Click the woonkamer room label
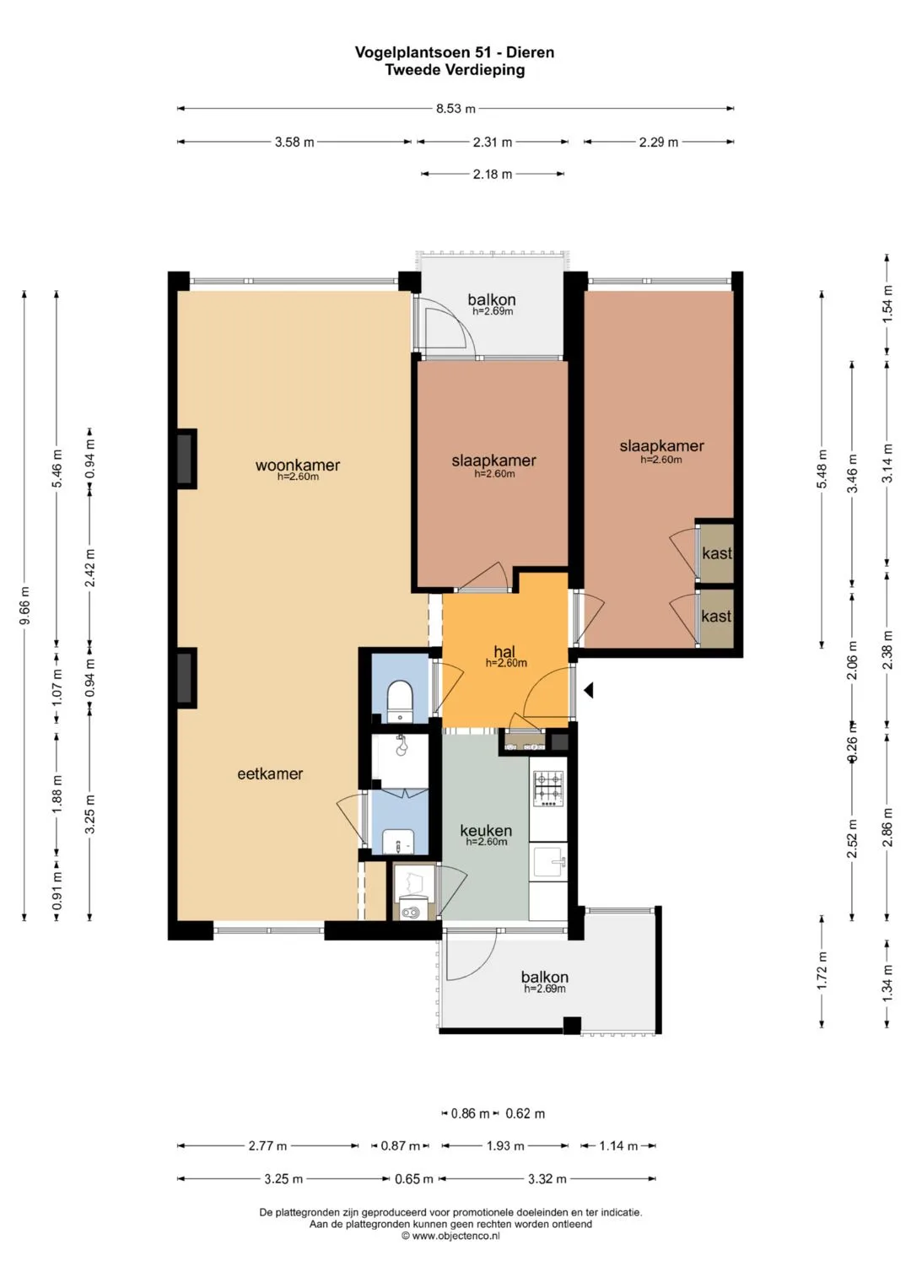point(297,465)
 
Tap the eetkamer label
point(270,774)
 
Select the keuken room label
point(486,830)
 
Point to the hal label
point(504,651)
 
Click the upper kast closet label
point(717,553)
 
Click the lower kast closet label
point(716,616)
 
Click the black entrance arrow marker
point(589,690)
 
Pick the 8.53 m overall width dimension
point(455,109)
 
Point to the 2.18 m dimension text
point(493,175)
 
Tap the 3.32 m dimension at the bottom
point(547,1179)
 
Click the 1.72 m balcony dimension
point(822,971)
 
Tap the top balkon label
point(491,299)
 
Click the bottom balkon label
point(545,977)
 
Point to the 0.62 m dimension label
point(525,1113)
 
